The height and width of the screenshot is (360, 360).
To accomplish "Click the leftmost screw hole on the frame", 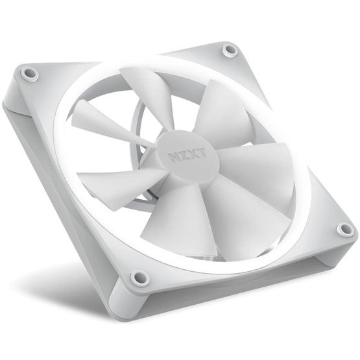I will (29, 75).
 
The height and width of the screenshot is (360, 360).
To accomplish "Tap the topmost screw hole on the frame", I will (230, 49).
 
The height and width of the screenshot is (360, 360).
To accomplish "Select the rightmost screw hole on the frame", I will (345, 229).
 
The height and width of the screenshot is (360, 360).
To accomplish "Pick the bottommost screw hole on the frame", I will (138, 278).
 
